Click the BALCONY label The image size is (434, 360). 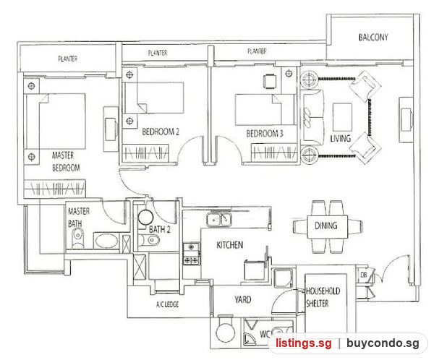click(373, 38)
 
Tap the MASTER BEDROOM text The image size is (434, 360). click(66, 162)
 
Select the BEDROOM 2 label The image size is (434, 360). click(161, 132)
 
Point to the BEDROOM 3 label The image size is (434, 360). click(265, 134)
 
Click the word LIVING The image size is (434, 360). click(341, 138)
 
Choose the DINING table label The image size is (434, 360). click(326, 226)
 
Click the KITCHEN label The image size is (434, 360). click(230, 245)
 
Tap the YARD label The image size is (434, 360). click(243, 299)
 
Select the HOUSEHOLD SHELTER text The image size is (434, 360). click(323, 297)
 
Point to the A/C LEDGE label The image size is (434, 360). click(168, 304)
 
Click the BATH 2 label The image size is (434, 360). click(160, 229)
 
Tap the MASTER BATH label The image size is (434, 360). click(79, 217)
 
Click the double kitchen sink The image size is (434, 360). click(219, 220)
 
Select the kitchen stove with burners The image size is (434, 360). click(191, 253)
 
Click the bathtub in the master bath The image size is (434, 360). click(106, 241)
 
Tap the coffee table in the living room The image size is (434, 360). click(342, 117)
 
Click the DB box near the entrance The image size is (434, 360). click(363, 275)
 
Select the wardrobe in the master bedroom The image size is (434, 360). click(54, 189)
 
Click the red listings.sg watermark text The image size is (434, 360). click(303, 343)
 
